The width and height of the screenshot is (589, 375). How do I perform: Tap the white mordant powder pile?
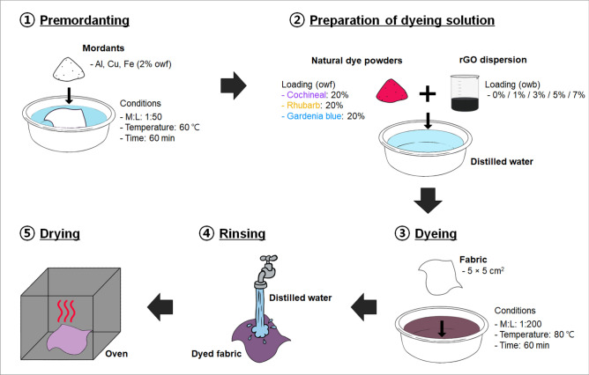pyautogui.click(x=70, y=63)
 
